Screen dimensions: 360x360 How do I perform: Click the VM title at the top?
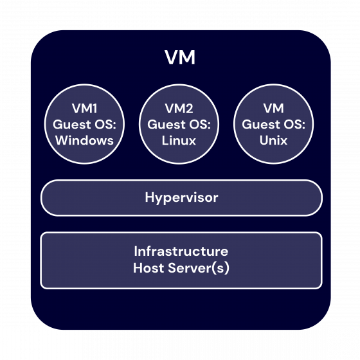click(x=180, y=59)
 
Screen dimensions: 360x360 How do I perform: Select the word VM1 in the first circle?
click(x=84, y=109)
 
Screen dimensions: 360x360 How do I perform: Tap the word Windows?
click(x=84, y=140)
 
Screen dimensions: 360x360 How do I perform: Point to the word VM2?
click(x=179, y=109)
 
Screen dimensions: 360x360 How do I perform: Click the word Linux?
click(x=179, y=140)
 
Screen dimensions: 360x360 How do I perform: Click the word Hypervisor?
click(x=181, y=197)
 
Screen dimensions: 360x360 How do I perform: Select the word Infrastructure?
click(x=181, y=251)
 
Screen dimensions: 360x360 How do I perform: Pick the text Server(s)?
click(x=199, y=267)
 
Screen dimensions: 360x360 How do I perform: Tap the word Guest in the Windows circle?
click(x=71, y=125)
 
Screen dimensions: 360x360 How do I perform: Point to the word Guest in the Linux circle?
click(x=166, y=125)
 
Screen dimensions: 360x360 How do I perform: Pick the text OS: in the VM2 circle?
click(x=204, y=125)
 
